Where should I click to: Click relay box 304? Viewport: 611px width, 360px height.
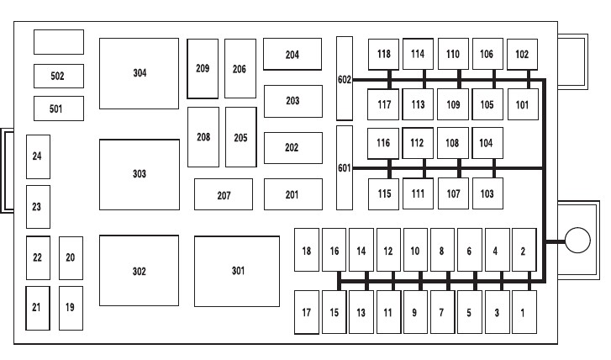[139, 73]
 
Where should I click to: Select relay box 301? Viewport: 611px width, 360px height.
[237, 271]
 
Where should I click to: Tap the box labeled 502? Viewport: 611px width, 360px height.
[58, 76]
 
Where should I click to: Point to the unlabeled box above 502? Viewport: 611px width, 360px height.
[58, 42]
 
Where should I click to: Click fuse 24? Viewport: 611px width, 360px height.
[37, 156]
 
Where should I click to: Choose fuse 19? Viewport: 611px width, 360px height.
[71, 308]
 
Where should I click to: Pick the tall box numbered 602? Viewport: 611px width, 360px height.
[344, 77]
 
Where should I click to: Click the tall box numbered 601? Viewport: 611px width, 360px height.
[344, 167]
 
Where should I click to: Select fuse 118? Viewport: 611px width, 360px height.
[384, 55]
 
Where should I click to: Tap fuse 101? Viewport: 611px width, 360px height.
[523, 105]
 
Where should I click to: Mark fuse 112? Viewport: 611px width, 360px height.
[418, 143]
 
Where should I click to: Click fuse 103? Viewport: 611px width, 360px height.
[487, 194]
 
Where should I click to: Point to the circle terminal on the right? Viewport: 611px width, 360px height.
[577, 241]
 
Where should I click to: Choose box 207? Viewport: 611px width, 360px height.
[224, 194]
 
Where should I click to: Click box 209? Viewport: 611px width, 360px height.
[203, 69]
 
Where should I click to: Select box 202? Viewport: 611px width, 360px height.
[292, 148]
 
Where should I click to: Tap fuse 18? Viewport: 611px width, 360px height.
[307, 251]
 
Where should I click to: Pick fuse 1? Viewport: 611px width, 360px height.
[524, 313]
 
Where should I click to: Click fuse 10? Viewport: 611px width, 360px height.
[415, 251]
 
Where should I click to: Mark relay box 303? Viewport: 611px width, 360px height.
[139, 174]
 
